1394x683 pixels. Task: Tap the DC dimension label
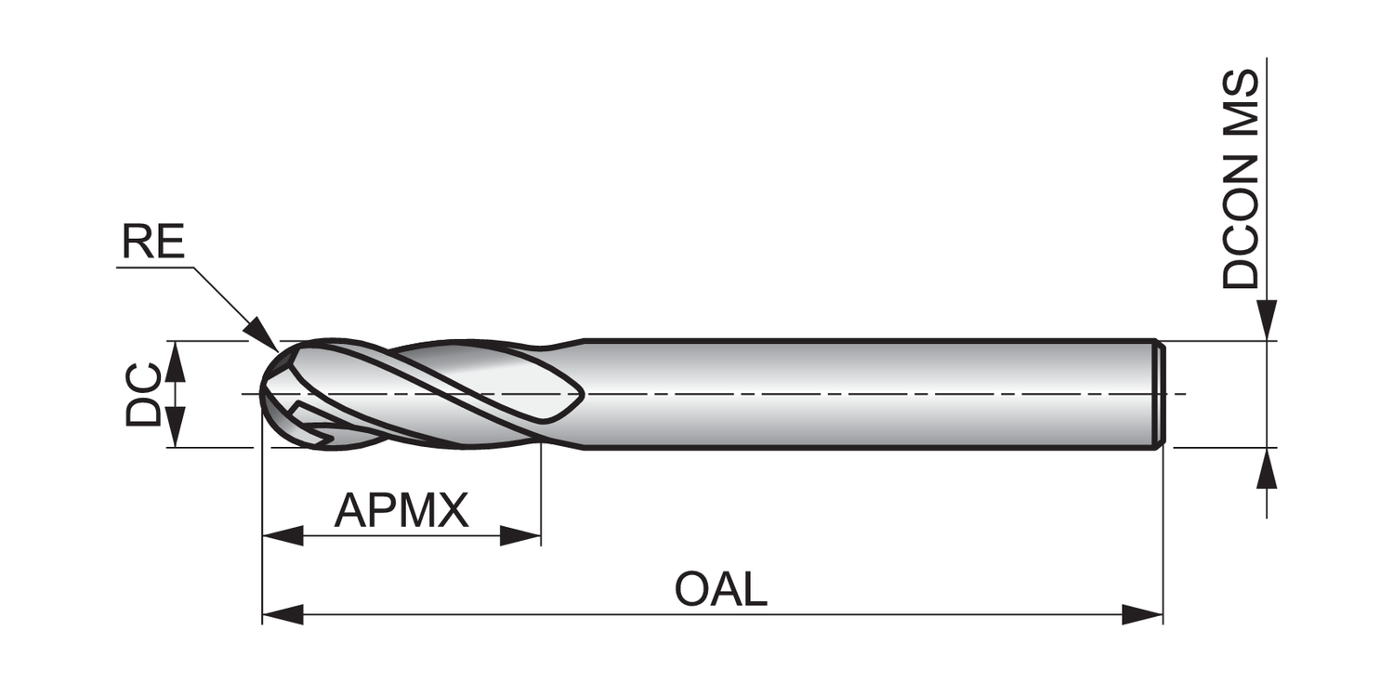pos(144,396)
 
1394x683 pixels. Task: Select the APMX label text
pos(401,510)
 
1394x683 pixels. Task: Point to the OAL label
pos(721,590)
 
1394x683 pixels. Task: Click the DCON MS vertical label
pos(1241,178)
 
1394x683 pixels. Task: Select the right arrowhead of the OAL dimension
pos(1142,614)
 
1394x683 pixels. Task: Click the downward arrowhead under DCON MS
pos(1267,321)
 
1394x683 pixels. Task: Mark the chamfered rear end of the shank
pos(1160,394)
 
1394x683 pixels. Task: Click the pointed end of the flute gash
pos(580,395)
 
